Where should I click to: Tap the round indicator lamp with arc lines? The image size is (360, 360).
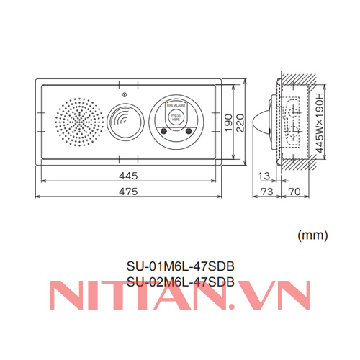(127, 119)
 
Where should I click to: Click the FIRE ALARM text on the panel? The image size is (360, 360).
(175, 105)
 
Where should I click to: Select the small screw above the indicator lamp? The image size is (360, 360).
(125, 96)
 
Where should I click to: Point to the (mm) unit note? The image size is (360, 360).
(312, 234)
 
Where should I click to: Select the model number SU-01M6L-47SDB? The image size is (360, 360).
(180, 266)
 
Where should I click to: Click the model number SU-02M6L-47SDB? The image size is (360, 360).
(180, 282)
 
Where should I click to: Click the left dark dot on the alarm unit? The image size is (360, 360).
(163, 131)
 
